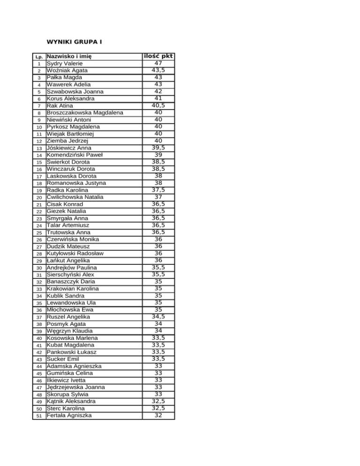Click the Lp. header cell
coord(39,57)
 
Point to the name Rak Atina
coord(60,106)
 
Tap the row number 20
coord(39,198)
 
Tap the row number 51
coord(39,416)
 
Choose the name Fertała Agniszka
coord(69,415)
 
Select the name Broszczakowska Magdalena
coord(85,113)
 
